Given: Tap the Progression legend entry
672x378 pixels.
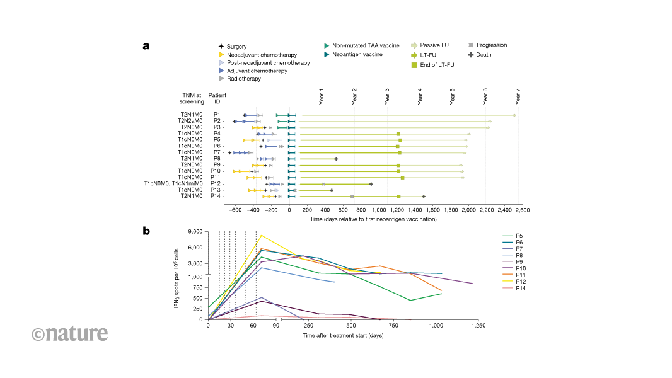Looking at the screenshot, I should [491, 45].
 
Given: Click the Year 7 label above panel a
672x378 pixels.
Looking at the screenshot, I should [518, 96].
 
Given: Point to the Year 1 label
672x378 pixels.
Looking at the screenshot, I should [322, 96].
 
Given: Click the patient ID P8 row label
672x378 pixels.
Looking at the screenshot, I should [216, 159].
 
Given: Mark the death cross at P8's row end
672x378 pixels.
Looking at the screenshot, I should [336, 159].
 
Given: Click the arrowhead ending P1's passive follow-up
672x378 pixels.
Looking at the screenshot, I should [514, 115].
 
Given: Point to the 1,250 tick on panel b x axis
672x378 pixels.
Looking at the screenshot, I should [479, 326].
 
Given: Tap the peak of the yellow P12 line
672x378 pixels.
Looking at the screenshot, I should [262, 236].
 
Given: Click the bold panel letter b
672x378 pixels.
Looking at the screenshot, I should [146, 231].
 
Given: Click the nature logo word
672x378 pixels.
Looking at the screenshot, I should [70, 333].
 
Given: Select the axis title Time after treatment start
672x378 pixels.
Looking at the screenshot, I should [343, 335].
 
